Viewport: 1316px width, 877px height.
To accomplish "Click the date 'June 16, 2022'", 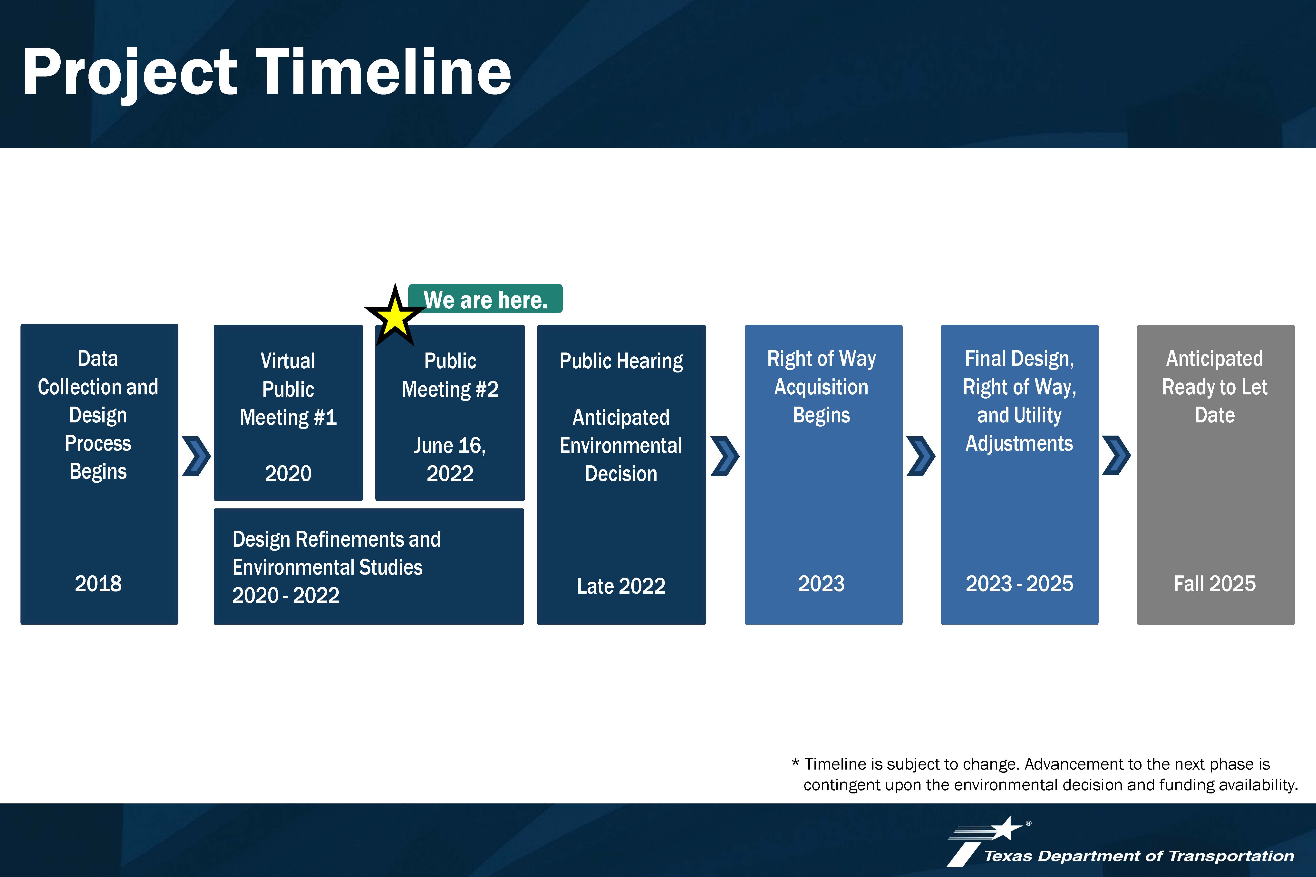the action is coord(450,459).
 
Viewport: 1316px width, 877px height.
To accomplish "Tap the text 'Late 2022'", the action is coord(621,586).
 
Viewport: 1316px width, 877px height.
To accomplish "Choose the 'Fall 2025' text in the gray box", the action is coord(1215,583).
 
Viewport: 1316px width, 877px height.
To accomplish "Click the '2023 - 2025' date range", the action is coord(1019,583).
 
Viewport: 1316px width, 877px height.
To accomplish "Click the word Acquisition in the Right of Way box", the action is coord(821,387).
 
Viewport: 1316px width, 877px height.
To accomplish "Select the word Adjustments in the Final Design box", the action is coord(1019,444).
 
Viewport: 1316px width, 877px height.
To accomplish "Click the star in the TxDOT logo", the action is coord(1007,828).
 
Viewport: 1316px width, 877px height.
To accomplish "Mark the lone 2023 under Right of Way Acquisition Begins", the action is coord(821,583).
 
